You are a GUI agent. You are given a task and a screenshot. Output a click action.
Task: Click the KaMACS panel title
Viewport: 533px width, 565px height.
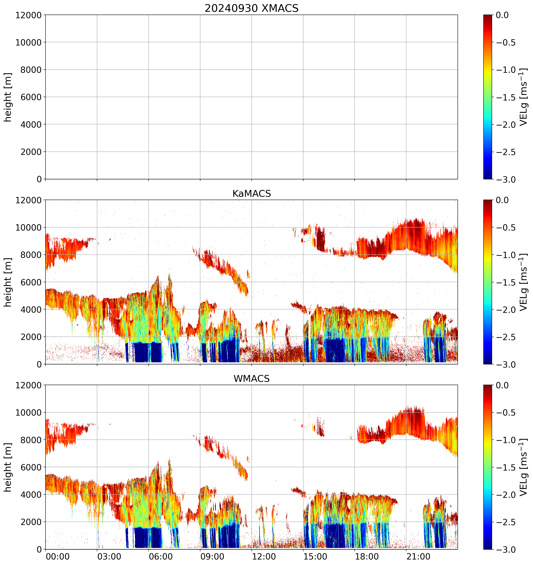point(252,194)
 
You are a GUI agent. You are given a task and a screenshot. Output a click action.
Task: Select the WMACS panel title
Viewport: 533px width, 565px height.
point(252,379)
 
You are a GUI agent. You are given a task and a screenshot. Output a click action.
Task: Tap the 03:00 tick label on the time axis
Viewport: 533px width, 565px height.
point(109,556)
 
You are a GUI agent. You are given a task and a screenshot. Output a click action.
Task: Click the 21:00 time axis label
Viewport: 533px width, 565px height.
point(418,556)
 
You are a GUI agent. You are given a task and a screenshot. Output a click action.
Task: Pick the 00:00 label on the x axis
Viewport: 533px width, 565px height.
point(58,556)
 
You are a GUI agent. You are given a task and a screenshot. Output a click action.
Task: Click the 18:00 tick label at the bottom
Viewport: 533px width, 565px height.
point(367,556)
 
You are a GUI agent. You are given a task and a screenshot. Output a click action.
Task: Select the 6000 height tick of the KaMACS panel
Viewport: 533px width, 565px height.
point(31,282)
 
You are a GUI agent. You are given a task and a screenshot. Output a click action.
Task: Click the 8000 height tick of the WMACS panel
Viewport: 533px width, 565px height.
point(31,440)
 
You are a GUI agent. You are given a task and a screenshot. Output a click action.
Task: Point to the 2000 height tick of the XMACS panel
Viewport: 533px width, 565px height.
point(31,152)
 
